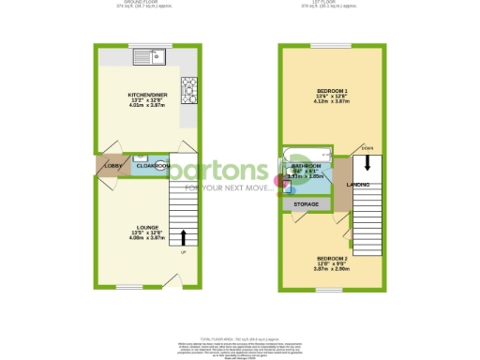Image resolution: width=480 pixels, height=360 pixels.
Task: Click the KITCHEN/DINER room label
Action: click(146, 95)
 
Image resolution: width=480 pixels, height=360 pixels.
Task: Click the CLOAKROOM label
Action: click(152, 166)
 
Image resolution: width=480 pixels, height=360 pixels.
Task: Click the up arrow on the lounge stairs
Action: click(183, 237)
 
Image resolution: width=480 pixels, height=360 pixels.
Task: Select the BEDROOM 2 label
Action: click(333, 258)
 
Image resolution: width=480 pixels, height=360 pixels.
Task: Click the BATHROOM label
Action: click(307, 164)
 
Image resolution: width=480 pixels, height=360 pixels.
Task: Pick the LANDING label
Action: click(357, 185)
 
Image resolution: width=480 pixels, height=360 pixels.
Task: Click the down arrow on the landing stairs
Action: click(367, 161)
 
